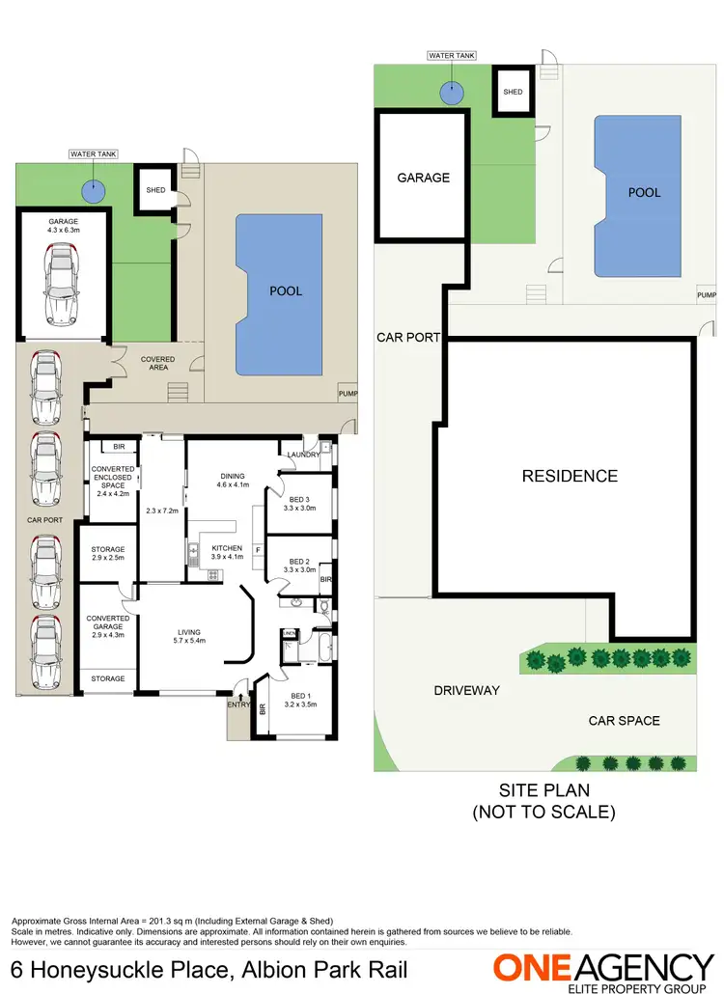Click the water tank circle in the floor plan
point(93,190)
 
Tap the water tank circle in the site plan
point(450,93)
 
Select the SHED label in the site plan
point(513,92)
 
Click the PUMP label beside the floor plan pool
point(347,394)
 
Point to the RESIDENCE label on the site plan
point(570,476)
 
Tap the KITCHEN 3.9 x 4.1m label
point(227,553)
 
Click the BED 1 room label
point(300,700)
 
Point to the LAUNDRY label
point(303,455)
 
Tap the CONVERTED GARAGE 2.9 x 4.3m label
point(107,624)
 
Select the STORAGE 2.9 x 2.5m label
point(107,554)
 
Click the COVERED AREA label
point(157,364)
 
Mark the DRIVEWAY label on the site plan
point(466,690)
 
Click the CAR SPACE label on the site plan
point(624,721)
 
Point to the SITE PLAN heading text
point(543,789)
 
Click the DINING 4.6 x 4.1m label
point(232,481)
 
